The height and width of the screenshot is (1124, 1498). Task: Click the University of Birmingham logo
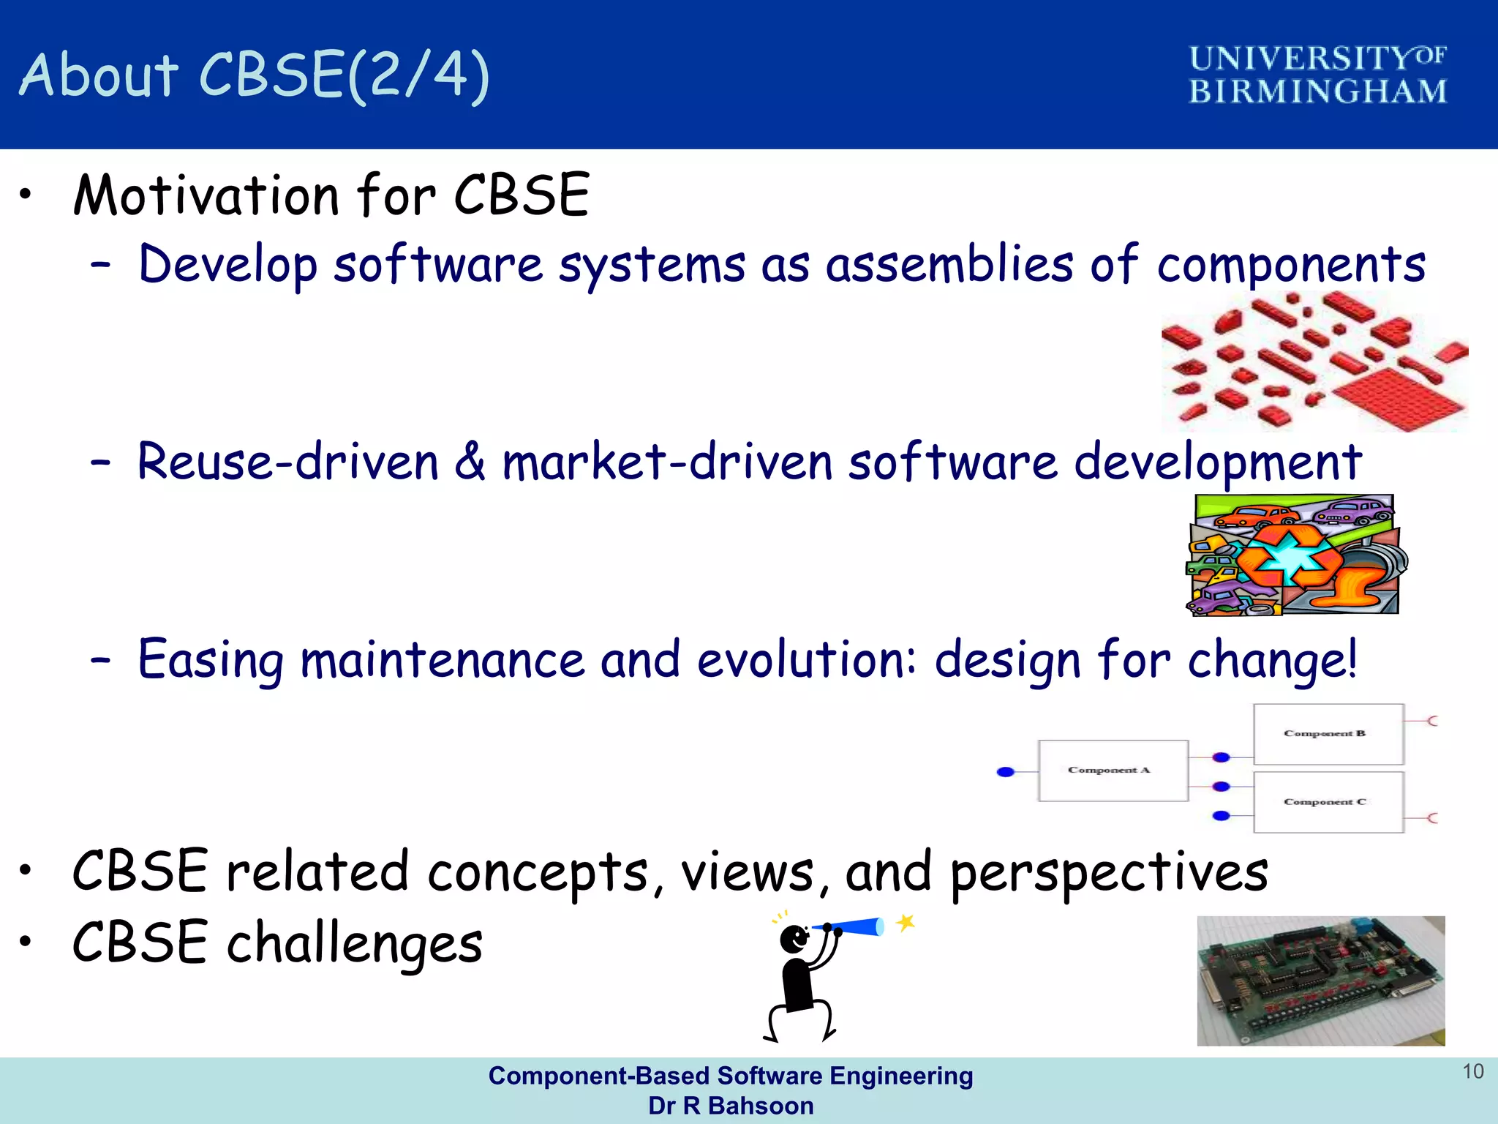(1317, 75)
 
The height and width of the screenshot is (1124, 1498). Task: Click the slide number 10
(1472, 1071)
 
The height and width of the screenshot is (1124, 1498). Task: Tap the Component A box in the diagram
(1112, 771)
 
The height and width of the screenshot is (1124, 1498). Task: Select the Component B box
(1328, 734)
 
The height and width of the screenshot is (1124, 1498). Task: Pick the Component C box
(1328, 802)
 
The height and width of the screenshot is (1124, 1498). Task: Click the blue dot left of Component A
(1006, 771)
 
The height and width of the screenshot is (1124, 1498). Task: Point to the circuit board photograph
(1320, 981)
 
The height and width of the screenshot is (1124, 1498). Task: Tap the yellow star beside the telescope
(906, 922)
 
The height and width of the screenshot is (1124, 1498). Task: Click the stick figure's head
(794, 939)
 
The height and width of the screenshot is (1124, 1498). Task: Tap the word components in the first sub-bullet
(1291, 265)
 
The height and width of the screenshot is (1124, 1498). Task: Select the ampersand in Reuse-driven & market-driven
(470, 462)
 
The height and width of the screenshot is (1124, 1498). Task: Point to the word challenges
(355, 943)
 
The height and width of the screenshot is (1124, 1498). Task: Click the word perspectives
(1108, 873)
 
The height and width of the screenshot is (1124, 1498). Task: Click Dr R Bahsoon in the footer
(730, 1106)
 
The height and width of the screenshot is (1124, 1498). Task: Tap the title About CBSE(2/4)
(255, 75)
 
